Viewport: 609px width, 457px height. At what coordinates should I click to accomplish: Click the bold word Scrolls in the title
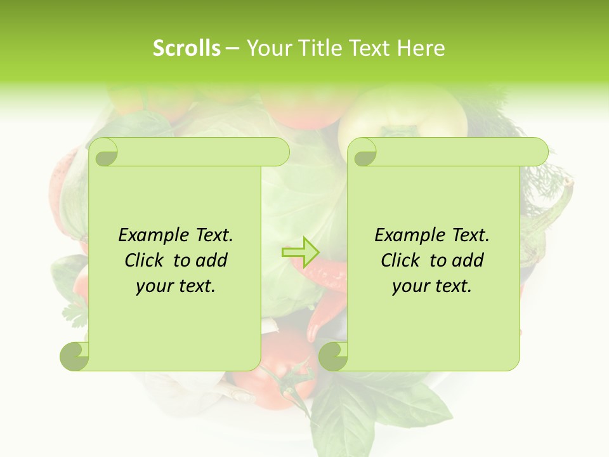pyautogui.click(x=187, y=48)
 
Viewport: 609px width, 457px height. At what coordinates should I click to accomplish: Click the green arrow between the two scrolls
pyautogui.click(x=300, y=253)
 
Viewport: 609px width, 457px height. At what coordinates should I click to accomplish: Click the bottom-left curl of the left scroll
pyautogui.click(x=74, y=357)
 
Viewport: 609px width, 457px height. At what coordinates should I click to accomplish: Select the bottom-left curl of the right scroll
pyautogui.click(x=333, y=357)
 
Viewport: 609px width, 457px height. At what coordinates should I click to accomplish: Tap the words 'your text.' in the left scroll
pyautogui.click(x=176, y=286)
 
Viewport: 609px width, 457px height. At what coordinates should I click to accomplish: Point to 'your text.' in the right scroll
pyautogui.click(x=432, y=286)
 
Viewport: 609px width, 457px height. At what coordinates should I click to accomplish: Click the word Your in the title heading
pyautogui.click(x=268, y=48)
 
